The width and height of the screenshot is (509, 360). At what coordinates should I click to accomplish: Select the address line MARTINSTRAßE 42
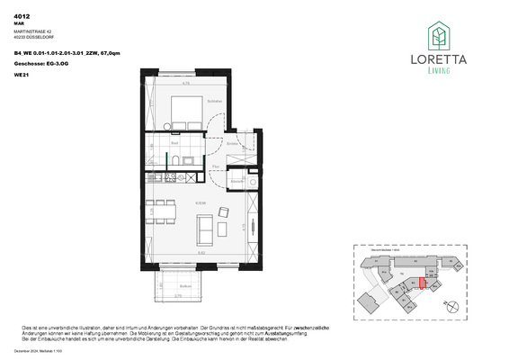pos(35,32)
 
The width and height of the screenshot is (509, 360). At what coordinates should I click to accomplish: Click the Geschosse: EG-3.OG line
pos(40,66)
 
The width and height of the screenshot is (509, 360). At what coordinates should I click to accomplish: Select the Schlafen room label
pos(213,101)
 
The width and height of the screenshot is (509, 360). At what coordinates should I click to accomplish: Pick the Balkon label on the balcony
pos(178,283)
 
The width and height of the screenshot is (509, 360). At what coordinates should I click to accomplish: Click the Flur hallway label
pos(216,166)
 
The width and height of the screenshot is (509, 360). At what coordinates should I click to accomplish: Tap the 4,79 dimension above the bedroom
pos(185,84)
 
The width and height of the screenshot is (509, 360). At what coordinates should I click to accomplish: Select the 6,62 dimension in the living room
pos(201,255)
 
